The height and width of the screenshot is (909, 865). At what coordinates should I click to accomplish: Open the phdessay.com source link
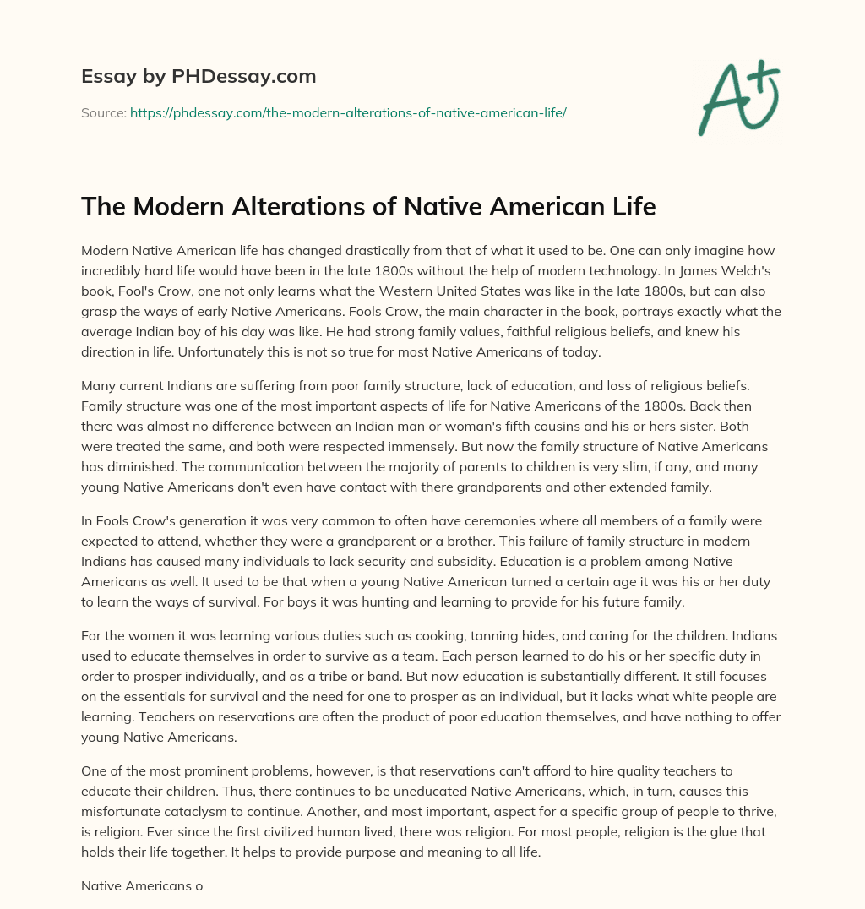[348, 112]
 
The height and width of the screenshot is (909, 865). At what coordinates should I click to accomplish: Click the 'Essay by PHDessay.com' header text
[199, 77]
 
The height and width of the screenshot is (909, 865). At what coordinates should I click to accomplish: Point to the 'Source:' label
[103, 112]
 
